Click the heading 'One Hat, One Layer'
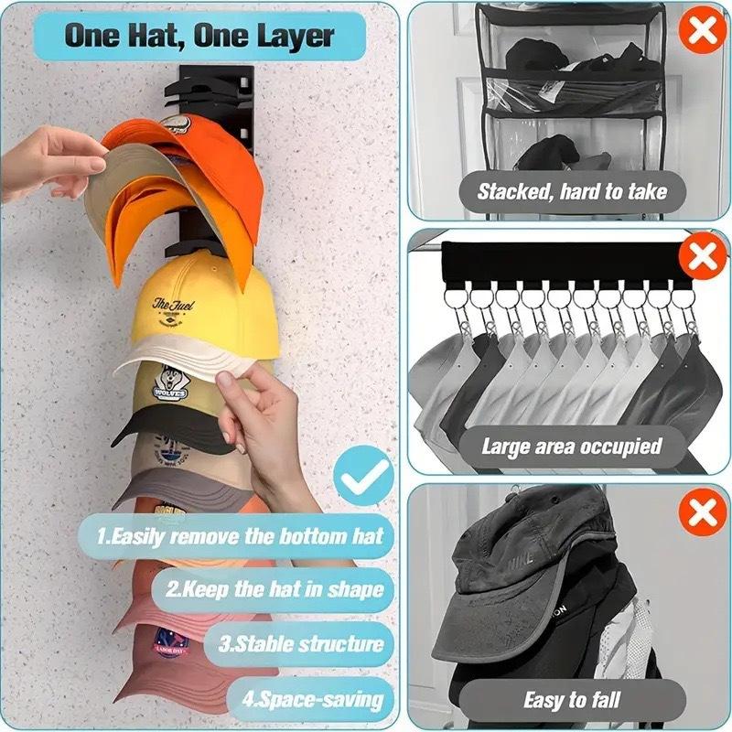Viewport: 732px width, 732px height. click(x=199, y=36)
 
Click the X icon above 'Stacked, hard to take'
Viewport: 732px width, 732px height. click(x=702, y=30)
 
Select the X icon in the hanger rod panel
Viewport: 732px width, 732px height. click(x=702, y=258)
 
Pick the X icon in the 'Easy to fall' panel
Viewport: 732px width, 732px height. click(x=702, y=513)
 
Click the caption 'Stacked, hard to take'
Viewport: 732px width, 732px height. click(x=572, y=192)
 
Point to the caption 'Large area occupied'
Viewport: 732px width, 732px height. click(x=572, y=447)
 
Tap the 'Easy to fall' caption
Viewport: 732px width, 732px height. click(x=572, y=701)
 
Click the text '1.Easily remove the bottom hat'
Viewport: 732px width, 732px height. click(x=240, y=535)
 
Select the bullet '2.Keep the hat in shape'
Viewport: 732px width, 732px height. click(x=274, y=588)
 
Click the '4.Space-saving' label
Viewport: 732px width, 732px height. click(x=311, y=700)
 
